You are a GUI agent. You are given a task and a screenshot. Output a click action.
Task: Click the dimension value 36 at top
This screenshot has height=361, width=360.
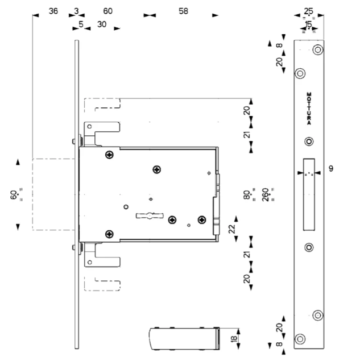click(53, 11)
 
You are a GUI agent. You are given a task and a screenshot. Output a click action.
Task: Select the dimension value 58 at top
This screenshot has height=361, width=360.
click(183, 11)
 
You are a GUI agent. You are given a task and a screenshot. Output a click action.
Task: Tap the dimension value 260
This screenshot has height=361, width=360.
click(266, 195)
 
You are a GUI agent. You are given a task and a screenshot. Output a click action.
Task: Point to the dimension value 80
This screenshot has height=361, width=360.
click(247, 195)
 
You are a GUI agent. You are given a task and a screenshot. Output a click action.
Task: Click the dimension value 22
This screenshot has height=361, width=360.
click(232, 229)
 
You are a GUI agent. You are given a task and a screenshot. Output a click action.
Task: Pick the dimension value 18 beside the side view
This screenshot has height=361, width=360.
click(234, 339)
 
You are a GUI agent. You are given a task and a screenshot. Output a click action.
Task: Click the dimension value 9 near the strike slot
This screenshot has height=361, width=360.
click(331, 169)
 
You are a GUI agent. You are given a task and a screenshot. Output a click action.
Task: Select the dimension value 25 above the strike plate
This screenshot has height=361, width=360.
click(309, 11)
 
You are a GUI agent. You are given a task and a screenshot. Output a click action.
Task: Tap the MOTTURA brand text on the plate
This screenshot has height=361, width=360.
click(309, 109)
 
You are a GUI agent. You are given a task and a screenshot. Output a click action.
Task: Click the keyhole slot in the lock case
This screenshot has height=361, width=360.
click(150, 215)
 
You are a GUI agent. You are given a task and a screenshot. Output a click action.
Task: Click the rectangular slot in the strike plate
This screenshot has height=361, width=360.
click(309, 194)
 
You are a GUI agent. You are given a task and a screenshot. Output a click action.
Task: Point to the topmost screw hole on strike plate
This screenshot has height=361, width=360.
click(318, 49)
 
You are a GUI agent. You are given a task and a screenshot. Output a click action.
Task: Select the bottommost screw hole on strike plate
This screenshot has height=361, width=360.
click(300, 339)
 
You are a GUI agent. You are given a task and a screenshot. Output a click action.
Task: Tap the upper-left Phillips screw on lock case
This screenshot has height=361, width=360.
click(109, 155)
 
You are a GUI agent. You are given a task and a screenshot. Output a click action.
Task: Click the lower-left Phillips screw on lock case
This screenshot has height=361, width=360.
click(109, 234)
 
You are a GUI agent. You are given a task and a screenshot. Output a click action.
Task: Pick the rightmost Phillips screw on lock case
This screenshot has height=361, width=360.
click(202, 220)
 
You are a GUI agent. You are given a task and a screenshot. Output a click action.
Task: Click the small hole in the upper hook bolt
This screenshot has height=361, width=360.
click(90, 126)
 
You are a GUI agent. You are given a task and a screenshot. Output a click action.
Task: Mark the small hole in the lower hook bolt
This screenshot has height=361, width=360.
click(90, 262)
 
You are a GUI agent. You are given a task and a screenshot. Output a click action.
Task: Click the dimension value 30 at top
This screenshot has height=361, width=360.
click(102, 24)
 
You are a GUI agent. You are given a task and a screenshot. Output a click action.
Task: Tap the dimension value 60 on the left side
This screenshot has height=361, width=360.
click(14, 195)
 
